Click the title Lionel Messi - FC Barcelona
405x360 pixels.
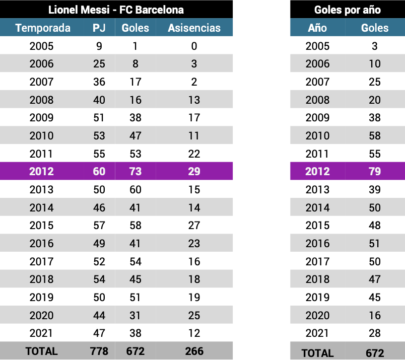click(x=116, y=10)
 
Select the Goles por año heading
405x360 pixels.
click(x=348, y=10)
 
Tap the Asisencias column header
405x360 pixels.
click(x=194, y=28)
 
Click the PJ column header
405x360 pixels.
click(x=99, y=28)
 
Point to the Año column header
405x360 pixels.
click(x=317, y=28)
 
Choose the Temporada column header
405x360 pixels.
click(x=43, y=28)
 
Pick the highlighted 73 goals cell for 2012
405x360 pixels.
click(x=136, y=171)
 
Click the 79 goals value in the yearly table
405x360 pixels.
click(x=374, y=171)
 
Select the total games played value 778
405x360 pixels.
click(x=99, y=351)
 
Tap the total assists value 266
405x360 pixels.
click(x=194, y=351)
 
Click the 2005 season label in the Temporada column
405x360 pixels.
click(x=41, y=46)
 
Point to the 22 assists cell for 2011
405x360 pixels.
click(x=194, y=154)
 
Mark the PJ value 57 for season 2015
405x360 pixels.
click(x=99, y=226)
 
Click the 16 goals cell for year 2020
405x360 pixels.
click(x=374, y=315)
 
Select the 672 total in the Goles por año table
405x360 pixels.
click(x=374, y=352)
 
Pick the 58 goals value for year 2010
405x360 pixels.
click(x=374, y=135)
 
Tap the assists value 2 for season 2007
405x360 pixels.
click(x=194, y=82)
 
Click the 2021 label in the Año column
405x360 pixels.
click(x=317, y=333)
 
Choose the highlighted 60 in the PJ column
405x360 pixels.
click(x=99, y=171)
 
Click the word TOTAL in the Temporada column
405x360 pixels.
click(x=41, y=351)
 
